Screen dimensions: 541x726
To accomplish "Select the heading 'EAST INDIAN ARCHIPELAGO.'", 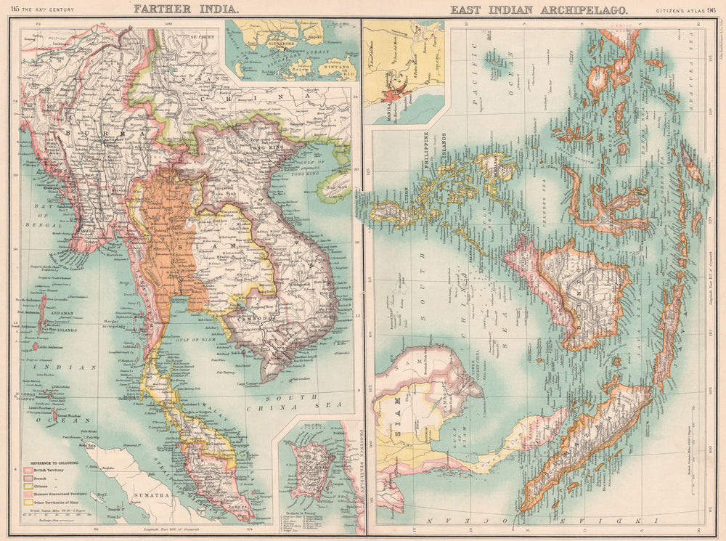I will tap(539, 9).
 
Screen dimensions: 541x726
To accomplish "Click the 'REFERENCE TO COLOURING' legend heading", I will tap(54, 462).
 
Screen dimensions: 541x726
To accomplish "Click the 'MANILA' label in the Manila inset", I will tap(372, 94).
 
